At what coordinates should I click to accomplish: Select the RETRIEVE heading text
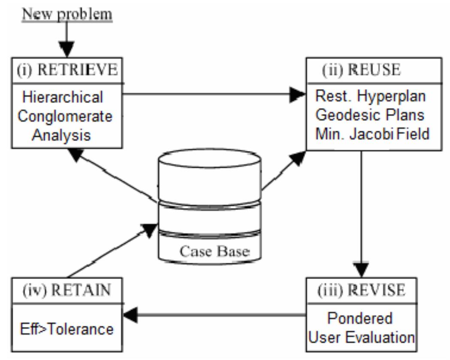pos(67,69)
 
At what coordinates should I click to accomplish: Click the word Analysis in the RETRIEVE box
pos(62,135)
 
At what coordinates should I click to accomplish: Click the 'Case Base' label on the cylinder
pos(214,251)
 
